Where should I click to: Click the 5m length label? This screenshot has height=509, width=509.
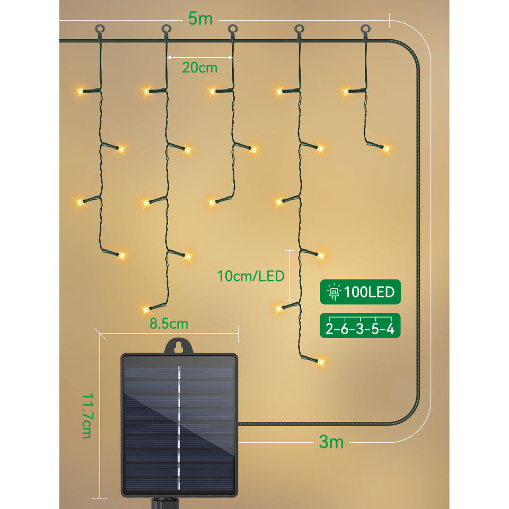point(200,18)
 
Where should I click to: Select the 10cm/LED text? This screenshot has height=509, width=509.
point(251,276)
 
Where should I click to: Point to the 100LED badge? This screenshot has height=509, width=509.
point(361,292)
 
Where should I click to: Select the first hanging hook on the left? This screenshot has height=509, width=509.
point(99,29)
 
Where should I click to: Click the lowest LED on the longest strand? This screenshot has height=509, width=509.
point(321,363)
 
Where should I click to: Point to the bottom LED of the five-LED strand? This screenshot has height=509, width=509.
point(146,308)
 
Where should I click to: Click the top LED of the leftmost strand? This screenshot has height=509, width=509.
point(80,92)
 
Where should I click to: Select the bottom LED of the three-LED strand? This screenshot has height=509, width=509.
point(212,201)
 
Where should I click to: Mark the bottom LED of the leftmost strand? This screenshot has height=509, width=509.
point(122,256)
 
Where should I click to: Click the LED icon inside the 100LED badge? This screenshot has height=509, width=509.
point(334,292)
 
